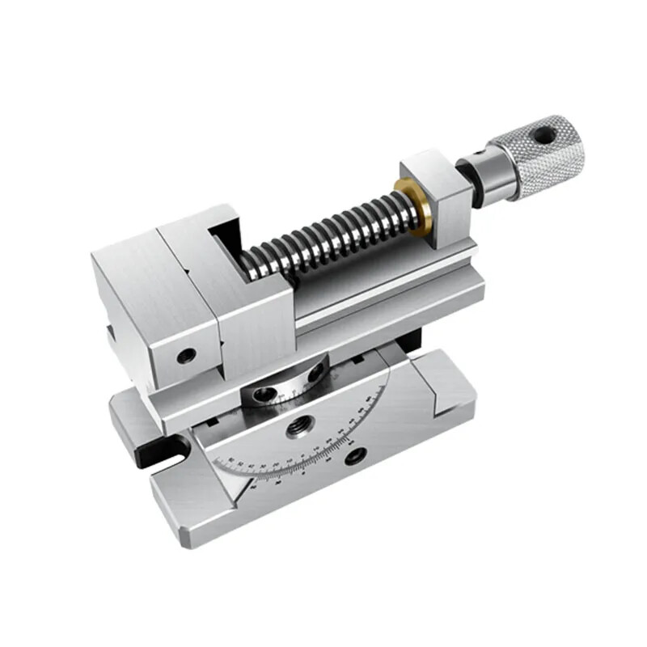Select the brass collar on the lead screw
(412, 207)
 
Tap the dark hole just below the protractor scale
(353, 458)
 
